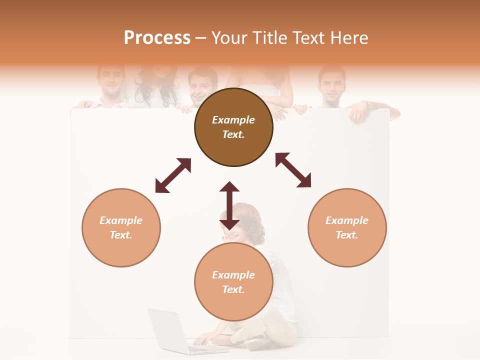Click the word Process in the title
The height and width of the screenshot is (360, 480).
157,38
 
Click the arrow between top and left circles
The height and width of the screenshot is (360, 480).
173,175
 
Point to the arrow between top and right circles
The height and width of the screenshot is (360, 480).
293,170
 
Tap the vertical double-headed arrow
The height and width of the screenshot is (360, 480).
229,205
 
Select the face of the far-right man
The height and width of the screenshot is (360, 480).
331,85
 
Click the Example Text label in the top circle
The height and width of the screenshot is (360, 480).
233,127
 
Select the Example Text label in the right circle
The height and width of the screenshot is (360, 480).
347,227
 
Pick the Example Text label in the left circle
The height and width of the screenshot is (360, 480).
121,227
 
